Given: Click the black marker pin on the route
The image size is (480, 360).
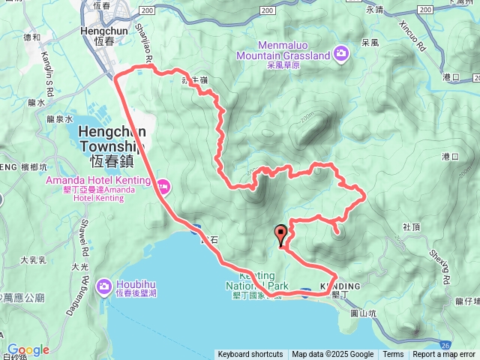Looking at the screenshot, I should [x=281, y=233].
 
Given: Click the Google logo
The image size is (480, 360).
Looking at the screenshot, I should [x=28, y=349].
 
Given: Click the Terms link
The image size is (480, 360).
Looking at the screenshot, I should [x=393, y=355].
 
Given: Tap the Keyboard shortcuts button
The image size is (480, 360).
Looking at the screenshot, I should [x=250, y=355].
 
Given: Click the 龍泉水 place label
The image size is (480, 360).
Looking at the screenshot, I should [x=58, y=118].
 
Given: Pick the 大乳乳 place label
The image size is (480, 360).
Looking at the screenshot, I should [x=33, y=260].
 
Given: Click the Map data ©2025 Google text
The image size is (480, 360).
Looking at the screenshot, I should [x=332, y=355].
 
